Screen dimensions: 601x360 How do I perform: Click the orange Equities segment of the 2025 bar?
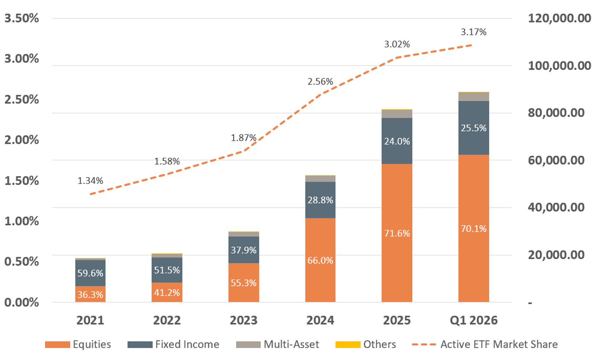click(x=397, y=233)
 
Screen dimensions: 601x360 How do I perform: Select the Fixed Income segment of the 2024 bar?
click(x=321, y=200)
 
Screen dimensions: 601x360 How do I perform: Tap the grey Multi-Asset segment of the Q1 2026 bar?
click(x=473, y=97)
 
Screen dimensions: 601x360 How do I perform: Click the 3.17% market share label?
click(x=473, y=32)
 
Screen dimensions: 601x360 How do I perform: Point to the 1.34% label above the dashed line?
click(x=90, y=181)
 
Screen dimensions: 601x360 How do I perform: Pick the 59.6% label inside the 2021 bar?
click(x=90, y=273)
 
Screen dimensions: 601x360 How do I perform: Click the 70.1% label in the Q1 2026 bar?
click(x=473, y=229)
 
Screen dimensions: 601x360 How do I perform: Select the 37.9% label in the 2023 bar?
click(x=244, y=250)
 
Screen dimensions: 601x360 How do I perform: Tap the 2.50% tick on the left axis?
click(x=21, y=99)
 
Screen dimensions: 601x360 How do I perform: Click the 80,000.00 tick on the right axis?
click(x=556, y=113)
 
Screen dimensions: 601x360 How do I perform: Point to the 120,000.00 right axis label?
click(x=560, y=18)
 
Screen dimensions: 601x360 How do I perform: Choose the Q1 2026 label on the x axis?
click(x=473, y=320)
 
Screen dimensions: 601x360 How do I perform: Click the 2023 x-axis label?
click(x=244, y=320)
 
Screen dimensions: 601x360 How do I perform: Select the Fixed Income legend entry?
click(x=173, y=345)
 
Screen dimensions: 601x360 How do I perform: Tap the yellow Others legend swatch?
click(x=348, y=345)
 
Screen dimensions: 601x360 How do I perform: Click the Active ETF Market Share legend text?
click(x=499, y=345)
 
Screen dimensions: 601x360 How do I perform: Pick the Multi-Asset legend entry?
click(x=277, y=345)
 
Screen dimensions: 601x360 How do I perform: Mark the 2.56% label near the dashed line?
click(x=321, y=81)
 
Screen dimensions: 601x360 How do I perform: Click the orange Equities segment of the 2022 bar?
click(x=167, y=293)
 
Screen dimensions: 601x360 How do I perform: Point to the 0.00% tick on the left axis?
click(x=21, y=302)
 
